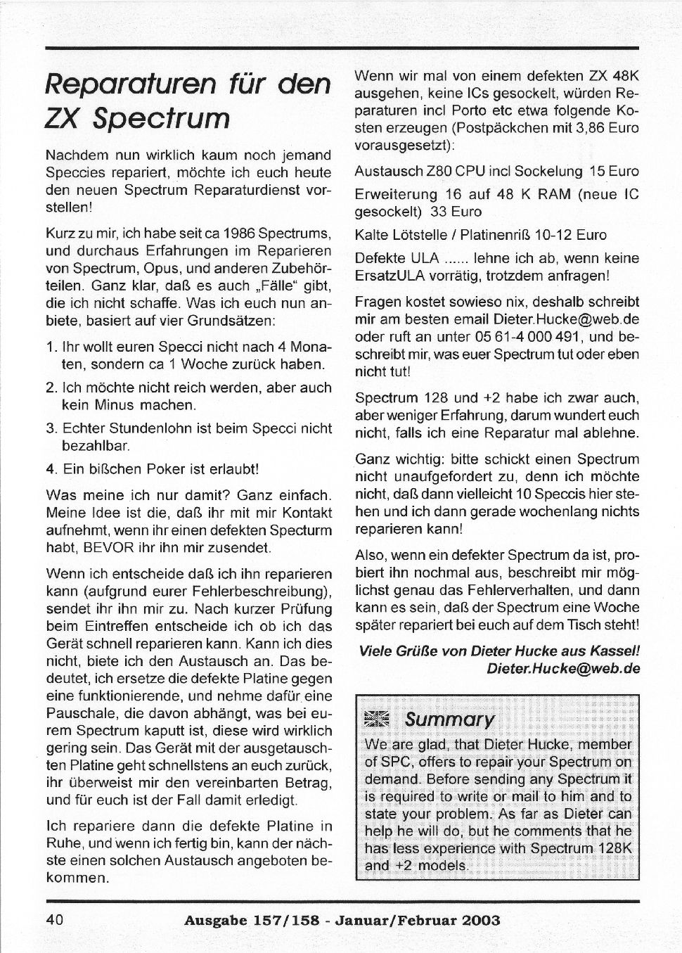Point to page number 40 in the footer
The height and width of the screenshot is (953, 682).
pos(56,919)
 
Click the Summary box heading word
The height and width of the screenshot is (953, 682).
pos(449,719)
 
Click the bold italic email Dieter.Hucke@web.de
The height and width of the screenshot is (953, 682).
pos(563,669)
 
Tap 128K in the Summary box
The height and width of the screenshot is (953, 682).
pos(614,848)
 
